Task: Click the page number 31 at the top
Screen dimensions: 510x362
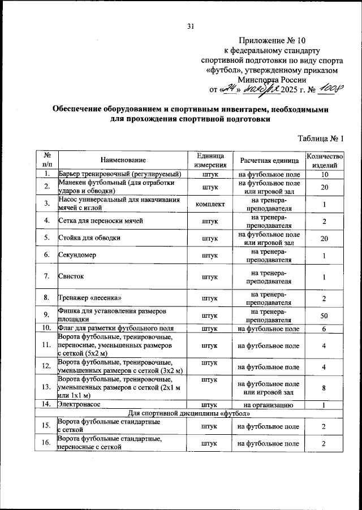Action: tap(190, 25)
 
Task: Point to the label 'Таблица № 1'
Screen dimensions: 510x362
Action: tap(320, 139)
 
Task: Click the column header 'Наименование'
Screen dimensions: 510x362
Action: tap(120, 161)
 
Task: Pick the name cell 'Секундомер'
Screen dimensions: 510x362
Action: tap(77, 255)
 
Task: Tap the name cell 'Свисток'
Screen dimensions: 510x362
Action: tap(71, 276)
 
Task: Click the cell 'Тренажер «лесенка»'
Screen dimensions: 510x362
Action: tap(89, 298)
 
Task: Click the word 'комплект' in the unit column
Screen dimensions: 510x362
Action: tap(210, 204)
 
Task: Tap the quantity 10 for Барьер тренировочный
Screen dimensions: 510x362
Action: tap(324, 174)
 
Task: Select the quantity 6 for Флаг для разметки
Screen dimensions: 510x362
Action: tap(324, 328)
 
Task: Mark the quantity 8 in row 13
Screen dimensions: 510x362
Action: tap(324, 388)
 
